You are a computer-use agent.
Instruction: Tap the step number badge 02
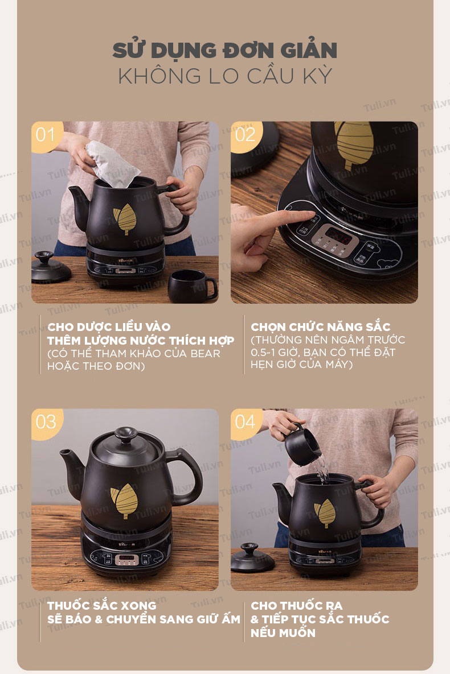point(246,136)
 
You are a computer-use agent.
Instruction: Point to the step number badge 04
point(246,423)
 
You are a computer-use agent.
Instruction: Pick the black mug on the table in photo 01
point(192,286)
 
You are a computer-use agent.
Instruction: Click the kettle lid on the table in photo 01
point(50,268)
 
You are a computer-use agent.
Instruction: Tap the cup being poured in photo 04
point(302,446)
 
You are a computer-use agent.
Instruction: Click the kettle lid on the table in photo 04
point(252,558)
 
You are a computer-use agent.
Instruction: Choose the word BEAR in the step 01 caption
point(206,354)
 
